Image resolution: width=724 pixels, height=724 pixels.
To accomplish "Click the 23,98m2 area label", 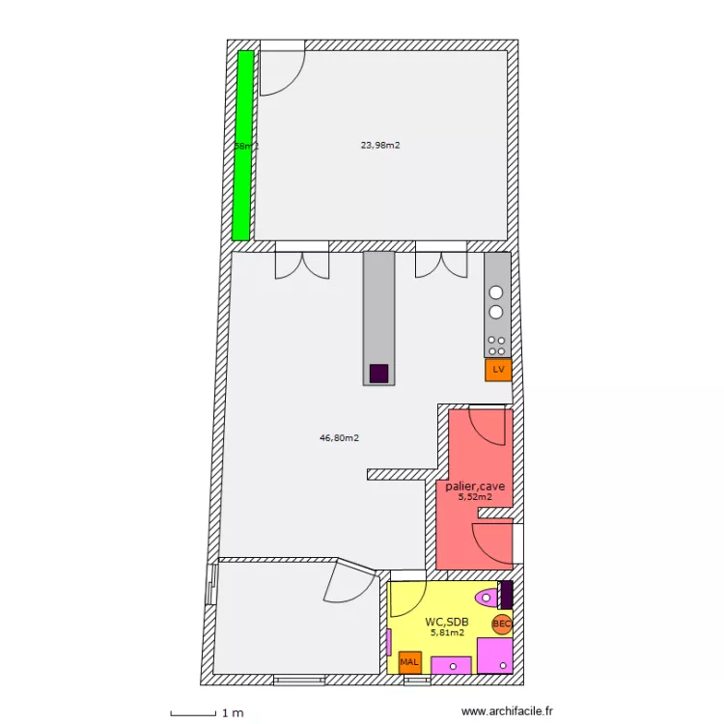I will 380,146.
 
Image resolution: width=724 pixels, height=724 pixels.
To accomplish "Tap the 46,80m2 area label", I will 339,437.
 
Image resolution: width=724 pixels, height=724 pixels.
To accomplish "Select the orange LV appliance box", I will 498,370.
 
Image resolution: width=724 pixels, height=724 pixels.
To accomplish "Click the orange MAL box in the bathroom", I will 409,662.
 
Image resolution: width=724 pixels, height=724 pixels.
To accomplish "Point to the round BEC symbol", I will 502,625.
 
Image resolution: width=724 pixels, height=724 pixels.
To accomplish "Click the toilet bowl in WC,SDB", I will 486,595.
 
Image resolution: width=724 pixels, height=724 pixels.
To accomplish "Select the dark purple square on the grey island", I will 379,373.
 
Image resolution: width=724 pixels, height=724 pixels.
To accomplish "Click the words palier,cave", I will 476,487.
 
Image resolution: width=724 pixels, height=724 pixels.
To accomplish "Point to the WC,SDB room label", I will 447,622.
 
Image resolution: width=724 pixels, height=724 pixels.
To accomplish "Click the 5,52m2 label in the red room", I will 475,498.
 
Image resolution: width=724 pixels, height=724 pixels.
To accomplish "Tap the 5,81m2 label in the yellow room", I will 447,633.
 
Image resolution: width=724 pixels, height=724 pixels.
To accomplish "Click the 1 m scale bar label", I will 233,713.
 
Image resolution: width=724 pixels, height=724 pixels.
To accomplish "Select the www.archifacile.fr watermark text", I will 508,711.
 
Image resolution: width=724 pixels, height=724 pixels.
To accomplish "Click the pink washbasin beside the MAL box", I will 451,664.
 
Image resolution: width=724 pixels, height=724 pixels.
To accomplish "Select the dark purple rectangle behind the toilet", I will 506,595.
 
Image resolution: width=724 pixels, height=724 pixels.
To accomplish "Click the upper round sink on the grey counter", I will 496,292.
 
